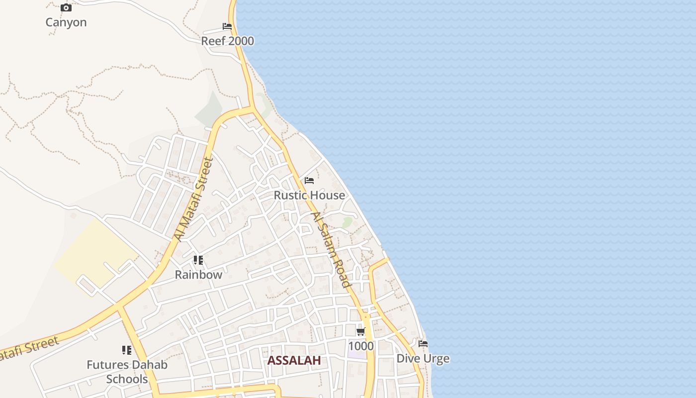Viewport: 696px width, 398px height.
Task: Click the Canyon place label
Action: (x=66, y=22)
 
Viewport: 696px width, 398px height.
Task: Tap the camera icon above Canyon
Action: (x=66, y=8)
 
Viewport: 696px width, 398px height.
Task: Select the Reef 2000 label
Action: (x=227, y=41)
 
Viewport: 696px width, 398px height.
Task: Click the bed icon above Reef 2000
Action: (x=227, y=26)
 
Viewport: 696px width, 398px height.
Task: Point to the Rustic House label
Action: (x=309, y=195)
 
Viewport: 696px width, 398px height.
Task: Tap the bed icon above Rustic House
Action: (x=309, y=181)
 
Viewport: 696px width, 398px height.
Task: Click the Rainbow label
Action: (x=198, y=274)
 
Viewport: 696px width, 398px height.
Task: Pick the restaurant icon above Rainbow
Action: (x=198, y=260)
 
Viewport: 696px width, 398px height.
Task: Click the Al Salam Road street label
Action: (x=331, y=250)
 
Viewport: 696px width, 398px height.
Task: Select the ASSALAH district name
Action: (x=294, y=361)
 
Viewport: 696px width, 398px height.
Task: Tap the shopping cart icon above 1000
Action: (x=360, y=332)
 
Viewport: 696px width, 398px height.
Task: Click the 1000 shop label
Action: (x=361, y=346)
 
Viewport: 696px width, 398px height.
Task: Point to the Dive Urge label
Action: (x=423, y=358)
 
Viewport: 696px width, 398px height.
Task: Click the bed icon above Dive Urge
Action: (x=423, y=344)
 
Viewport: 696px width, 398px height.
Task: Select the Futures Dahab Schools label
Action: (x=127, y=372)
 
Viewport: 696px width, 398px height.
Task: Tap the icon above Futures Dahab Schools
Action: (x=127, y=350)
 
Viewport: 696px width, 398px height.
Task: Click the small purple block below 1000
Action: (x=355, y=355)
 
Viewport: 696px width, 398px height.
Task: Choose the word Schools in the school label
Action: (x=127, y=379)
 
